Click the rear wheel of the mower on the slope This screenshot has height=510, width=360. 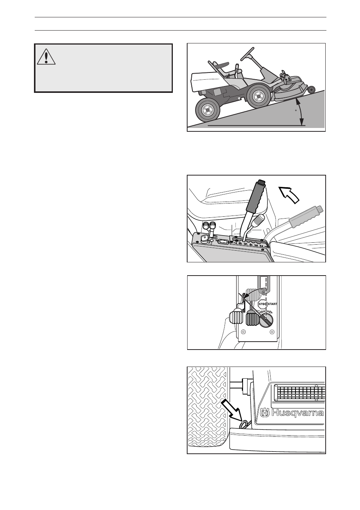(207, 111)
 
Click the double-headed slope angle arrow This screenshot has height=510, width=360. (300, 111)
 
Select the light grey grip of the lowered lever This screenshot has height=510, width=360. (306, 216)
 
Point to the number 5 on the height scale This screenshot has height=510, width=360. (245, 244)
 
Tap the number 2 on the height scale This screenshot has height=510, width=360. (261, 247)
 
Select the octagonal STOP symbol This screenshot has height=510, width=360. (262, 304)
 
